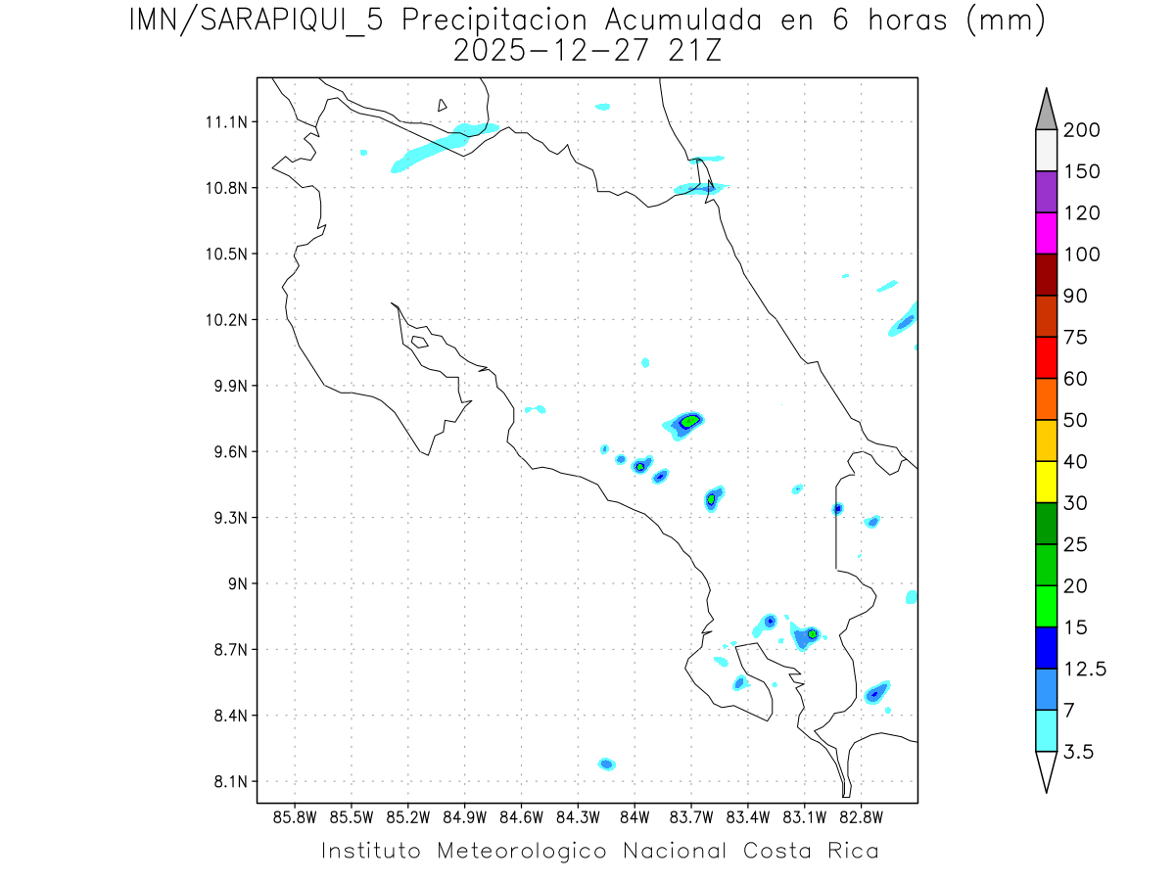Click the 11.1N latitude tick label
[x=221, y=122]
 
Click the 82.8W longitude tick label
[x=861, y=817]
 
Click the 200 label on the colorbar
[x=1082, y=130]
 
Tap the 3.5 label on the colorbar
[x=1078, y=751]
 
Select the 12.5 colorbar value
[x=1083, y=669]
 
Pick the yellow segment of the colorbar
[x=1046, y=482]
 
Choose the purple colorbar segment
[x=1046, y=192]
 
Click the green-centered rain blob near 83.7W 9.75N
[x=689, y=422]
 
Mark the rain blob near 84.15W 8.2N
[x=606, y=764]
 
